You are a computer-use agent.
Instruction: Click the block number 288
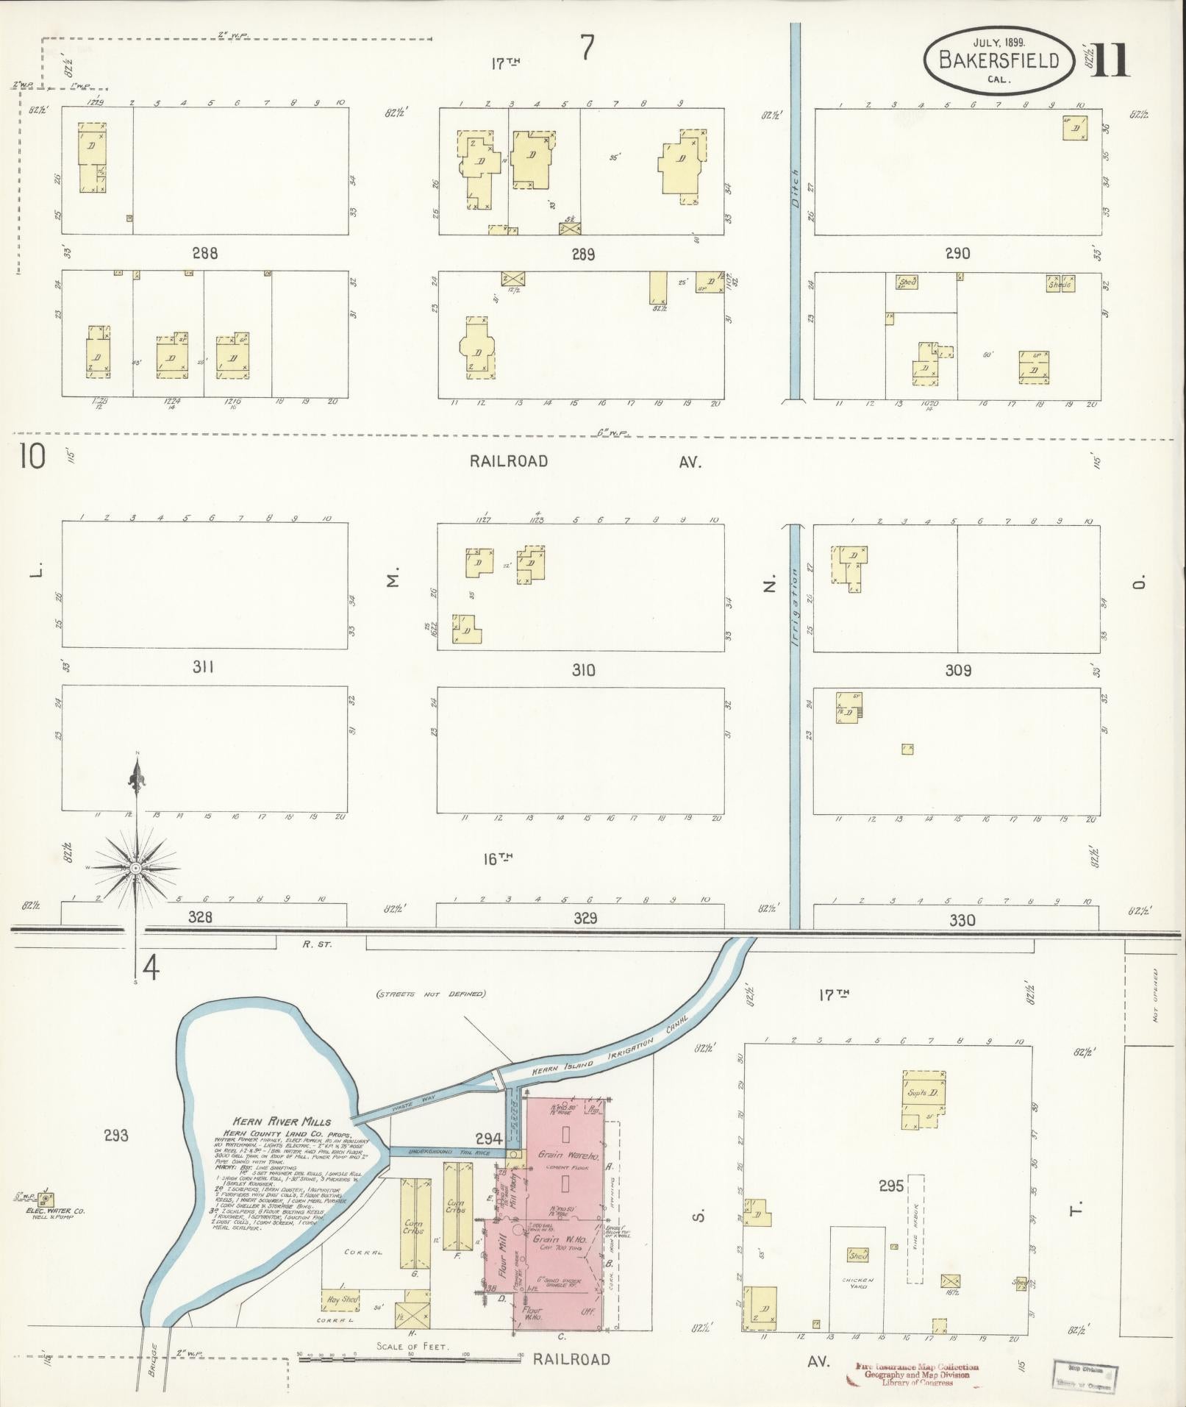point(204,254)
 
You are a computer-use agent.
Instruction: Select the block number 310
point(582,670)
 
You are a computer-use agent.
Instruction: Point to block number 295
point(890,1186)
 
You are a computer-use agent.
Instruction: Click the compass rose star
point(135,869)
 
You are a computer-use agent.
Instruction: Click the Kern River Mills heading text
point(284,1122)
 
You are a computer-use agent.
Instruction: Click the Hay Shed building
point(342,1299)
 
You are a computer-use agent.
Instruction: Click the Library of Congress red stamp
point(916,1373)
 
